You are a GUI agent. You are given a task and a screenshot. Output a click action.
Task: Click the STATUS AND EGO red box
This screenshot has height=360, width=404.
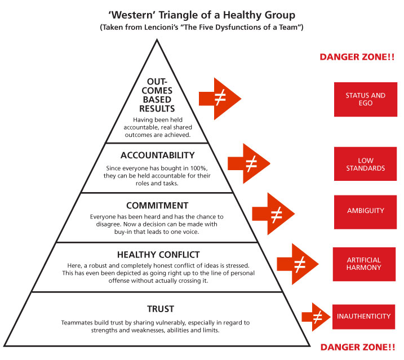[365, 100]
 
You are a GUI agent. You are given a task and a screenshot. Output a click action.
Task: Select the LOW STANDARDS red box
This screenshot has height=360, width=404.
[365, 164]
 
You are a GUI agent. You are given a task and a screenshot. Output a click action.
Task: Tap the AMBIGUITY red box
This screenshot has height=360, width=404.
[365, 212]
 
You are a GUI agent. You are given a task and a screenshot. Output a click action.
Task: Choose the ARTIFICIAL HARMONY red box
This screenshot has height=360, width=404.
[364, 264]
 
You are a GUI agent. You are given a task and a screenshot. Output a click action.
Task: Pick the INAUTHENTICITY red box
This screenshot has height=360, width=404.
[363, 317]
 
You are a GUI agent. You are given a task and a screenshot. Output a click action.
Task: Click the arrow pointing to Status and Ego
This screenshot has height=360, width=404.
[220, 99]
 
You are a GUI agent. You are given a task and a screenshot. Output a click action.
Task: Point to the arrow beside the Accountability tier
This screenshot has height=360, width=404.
[248, 163]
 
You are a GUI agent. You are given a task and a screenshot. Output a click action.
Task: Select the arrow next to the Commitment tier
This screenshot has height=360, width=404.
[273, 214]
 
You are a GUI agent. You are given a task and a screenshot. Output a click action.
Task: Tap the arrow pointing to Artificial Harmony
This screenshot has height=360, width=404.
[298, 264]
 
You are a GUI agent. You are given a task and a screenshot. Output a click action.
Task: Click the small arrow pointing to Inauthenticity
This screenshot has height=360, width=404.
[316, 317]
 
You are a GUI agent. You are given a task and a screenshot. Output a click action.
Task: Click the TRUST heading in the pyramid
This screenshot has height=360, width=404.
[161, 309]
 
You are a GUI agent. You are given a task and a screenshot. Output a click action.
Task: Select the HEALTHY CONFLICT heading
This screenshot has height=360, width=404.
[158, 255]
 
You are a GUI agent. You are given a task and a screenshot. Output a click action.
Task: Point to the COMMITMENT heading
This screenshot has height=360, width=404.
[157, 206]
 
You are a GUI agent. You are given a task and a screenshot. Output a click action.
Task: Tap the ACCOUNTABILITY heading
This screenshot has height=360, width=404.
[157, 155]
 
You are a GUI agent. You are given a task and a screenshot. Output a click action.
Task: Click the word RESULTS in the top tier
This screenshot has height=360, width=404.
[157, 109]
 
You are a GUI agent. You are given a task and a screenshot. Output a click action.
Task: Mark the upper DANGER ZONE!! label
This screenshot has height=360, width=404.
[357, 57]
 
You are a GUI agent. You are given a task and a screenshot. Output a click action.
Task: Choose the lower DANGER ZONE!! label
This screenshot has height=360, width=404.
[358, 348]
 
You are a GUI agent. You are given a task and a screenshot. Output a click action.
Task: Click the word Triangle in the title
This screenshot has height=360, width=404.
[178, 15]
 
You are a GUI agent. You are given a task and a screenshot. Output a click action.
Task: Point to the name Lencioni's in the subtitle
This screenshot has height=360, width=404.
[161, 27]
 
